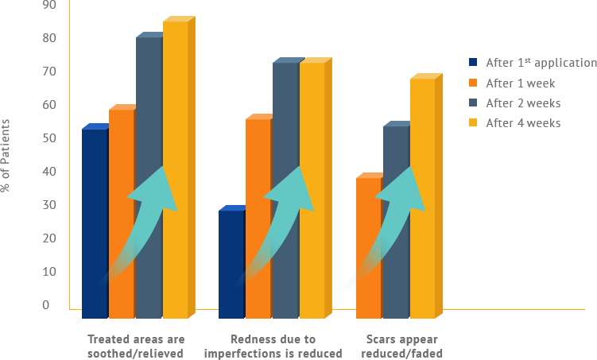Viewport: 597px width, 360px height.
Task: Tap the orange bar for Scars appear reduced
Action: pos(368,238)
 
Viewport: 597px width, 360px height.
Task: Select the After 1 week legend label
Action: pos(520,83)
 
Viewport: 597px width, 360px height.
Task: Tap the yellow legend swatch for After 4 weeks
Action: pos(473,122)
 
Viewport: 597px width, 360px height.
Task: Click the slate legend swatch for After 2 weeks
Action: pos(473,103)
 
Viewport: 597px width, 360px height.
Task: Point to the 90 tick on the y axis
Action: pos(49,5)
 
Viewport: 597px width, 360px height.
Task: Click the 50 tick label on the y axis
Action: pos(49,138)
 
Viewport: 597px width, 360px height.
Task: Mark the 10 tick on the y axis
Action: pos(49,272)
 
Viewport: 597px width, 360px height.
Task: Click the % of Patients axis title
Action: pos(6,155)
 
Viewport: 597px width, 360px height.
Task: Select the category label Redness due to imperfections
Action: pos(273,346)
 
